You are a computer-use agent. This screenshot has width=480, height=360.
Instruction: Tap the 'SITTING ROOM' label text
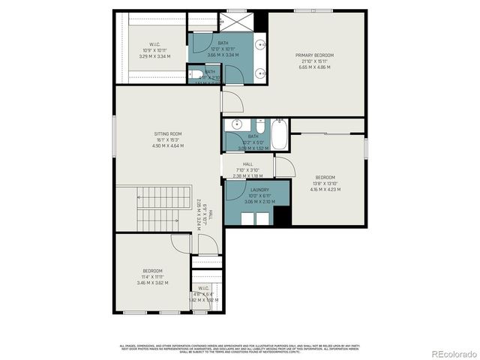pos(167,133)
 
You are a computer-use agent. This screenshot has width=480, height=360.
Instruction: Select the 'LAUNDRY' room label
pos(260,191)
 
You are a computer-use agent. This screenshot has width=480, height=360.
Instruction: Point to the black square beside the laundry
pos(282,215)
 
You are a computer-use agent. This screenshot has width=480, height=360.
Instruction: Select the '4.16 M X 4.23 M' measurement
pos(325,189)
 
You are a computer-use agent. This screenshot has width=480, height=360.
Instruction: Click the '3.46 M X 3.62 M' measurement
pos(152,283)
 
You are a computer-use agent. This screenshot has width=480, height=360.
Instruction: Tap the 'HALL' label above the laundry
pos(247,164)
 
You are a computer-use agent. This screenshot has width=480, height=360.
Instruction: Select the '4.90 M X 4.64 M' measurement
pos(167,146)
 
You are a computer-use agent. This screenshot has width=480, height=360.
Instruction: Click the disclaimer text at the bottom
pos(239,347)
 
